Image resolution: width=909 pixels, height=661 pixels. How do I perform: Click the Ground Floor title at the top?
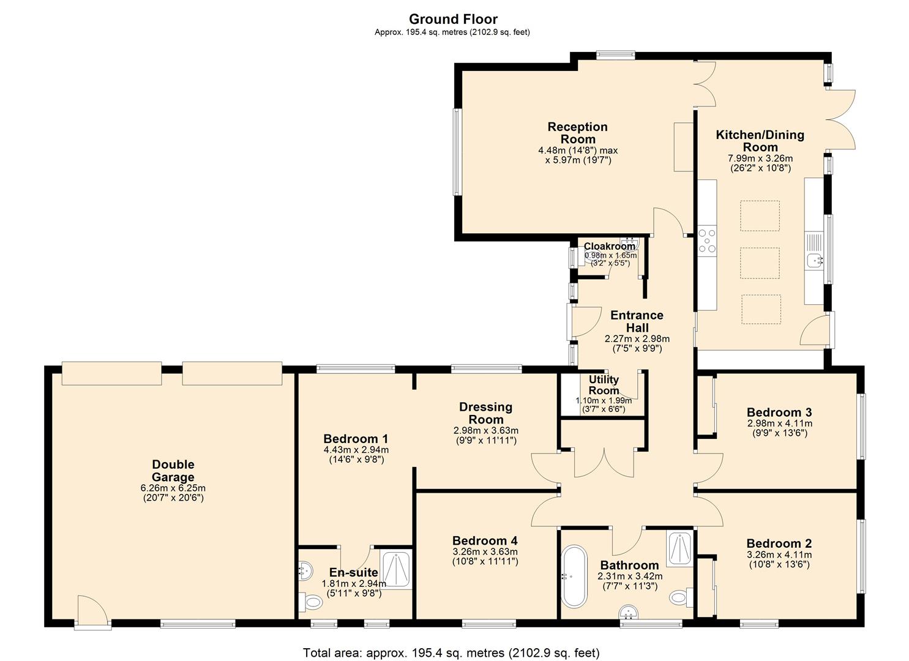click(453, 19)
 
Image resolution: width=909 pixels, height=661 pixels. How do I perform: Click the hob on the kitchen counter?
click(707, 240)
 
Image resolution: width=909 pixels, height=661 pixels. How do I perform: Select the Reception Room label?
click(577, 133)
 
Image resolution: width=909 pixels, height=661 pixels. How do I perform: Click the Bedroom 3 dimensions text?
click(779, 428)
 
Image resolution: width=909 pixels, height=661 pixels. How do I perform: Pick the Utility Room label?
click(604, 385)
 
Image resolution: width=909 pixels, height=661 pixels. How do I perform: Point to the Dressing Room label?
click(485, 413)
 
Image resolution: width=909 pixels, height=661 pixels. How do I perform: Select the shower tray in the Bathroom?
click(679, 548)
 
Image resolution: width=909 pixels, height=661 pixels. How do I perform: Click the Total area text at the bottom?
click(451, 652)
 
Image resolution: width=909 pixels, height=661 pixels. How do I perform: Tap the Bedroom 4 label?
click(485, 540)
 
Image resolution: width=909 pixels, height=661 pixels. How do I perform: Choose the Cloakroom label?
click(609, 246)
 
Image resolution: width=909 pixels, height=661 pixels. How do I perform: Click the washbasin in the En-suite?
click(304, 570)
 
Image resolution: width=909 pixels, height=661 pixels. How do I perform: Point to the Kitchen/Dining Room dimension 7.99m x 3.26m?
click(760, 159)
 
